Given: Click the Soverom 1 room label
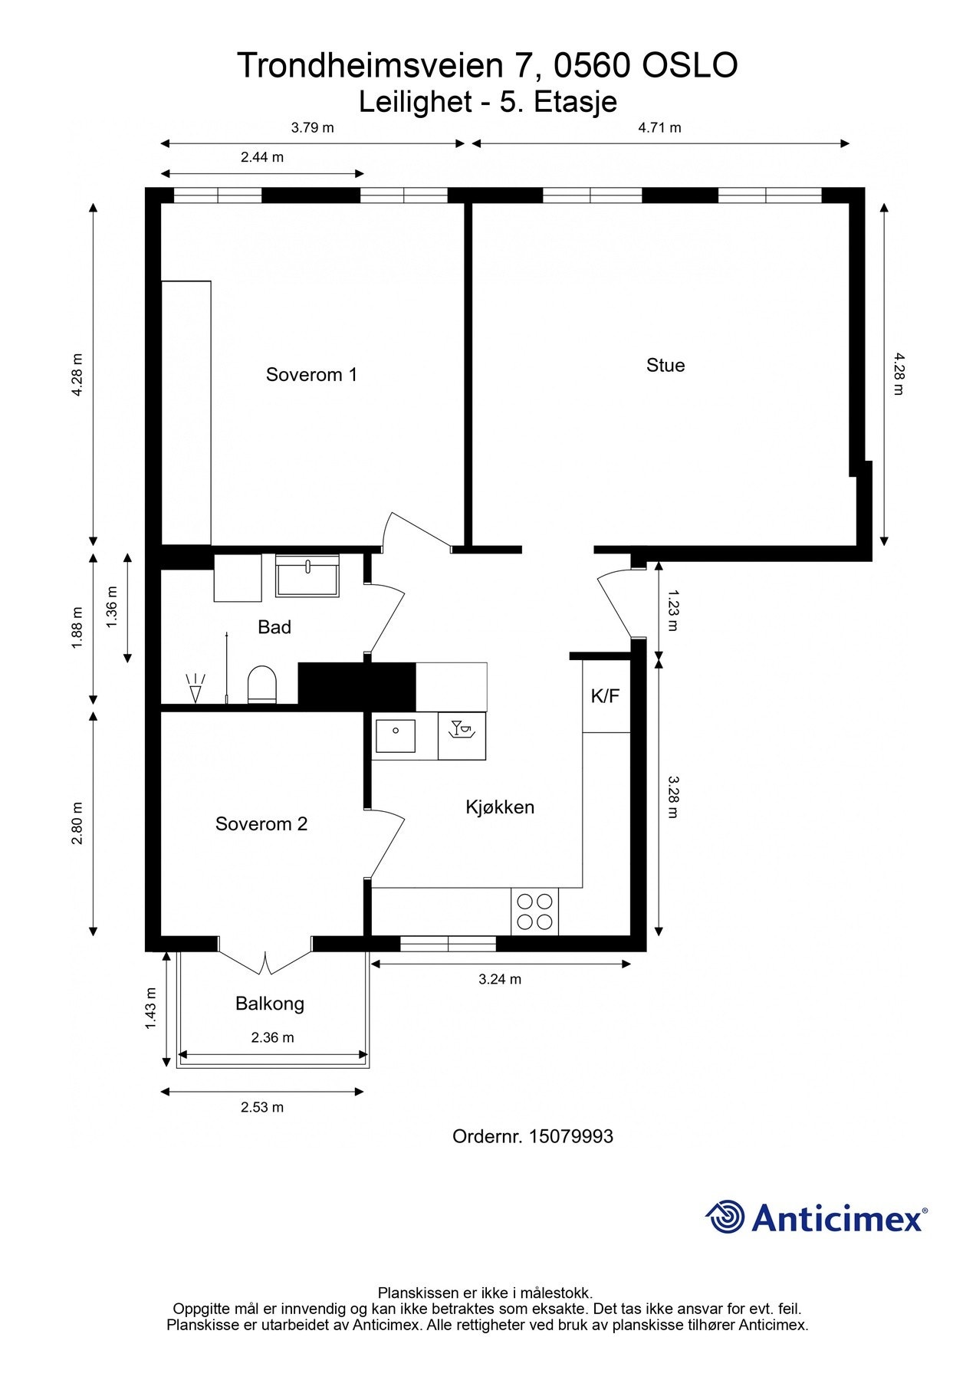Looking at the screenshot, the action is [x=311, y=375].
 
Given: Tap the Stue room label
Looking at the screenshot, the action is [x=665, y=366].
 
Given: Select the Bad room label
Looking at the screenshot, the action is [x=274, y=627].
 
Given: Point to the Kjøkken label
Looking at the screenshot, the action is [x=500, y=807].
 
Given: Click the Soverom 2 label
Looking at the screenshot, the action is [x=261, y=824].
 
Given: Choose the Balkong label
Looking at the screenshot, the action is [x=270, y=1004].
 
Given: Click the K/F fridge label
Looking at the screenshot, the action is [x=605, y=696].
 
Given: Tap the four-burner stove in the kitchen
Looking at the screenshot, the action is [x=534, y=912].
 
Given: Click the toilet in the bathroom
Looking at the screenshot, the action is [x=261, y=685].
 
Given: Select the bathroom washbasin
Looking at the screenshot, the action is [x=307, y=576].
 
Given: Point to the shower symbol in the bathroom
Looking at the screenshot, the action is [x=196, y=688].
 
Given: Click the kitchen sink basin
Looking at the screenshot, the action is [x=395, y=736].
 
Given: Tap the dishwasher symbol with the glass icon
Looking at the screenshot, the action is [x=462, y=736].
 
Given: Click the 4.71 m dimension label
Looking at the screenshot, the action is [x=659, y=128].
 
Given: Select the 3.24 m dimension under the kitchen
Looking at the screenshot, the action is [x=500, y=979].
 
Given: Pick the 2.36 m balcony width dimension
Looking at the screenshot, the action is [x=272, y=1037].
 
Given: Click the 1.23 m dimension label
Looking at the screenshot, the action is [x=672, y=609].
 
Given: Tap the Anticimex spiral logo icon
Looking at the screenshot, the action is [x=725, y=1217].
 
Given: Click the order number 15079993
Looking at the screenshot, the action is [x=570, y=1136].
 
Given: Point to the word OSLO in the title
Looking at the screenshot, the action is [x=689, y=66].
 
